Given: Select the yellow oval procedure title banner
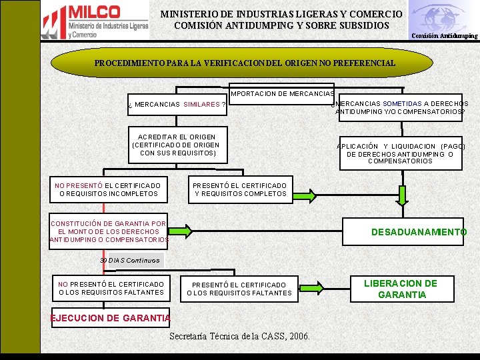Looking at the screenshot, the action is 245,63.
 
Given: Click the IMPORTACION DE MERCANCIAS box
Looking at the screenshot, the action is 281,94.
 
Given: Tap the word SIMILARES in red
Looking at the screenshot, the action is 201,105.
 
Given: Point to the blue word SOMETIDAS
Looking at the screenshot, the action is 402,103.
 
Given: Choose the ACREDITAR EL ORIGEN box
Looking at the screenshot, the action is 176,145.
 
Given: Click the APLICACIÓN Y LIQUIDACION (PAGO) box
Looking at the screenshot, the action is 400,153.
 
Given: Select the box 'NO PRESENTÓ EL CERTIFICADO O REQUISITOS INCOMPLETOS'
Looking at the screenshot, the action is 108,189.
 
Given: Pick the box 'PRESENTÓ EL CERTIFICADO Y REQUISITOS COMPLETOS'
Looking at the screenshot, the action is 240,189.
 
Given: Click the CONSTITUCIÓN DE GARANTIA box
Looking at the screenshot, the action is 109,231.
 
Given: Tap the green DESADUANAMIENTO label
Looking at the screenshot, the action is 419,232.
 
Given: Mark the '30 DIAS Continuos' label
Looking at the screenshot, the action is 130,260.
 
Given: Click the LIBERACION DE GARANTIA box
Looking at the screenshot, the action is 400,289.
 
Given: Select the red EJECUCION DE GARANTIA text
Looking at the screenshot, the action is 111,318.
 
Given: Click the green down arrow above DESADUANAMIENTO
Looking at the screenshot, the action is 402,194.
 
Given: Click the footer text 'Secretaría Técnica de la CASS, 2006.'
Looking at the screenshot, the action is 239,336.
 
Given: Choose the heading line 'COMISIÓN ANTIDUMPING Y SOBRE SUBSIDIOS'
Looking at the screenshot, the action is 281,25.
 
